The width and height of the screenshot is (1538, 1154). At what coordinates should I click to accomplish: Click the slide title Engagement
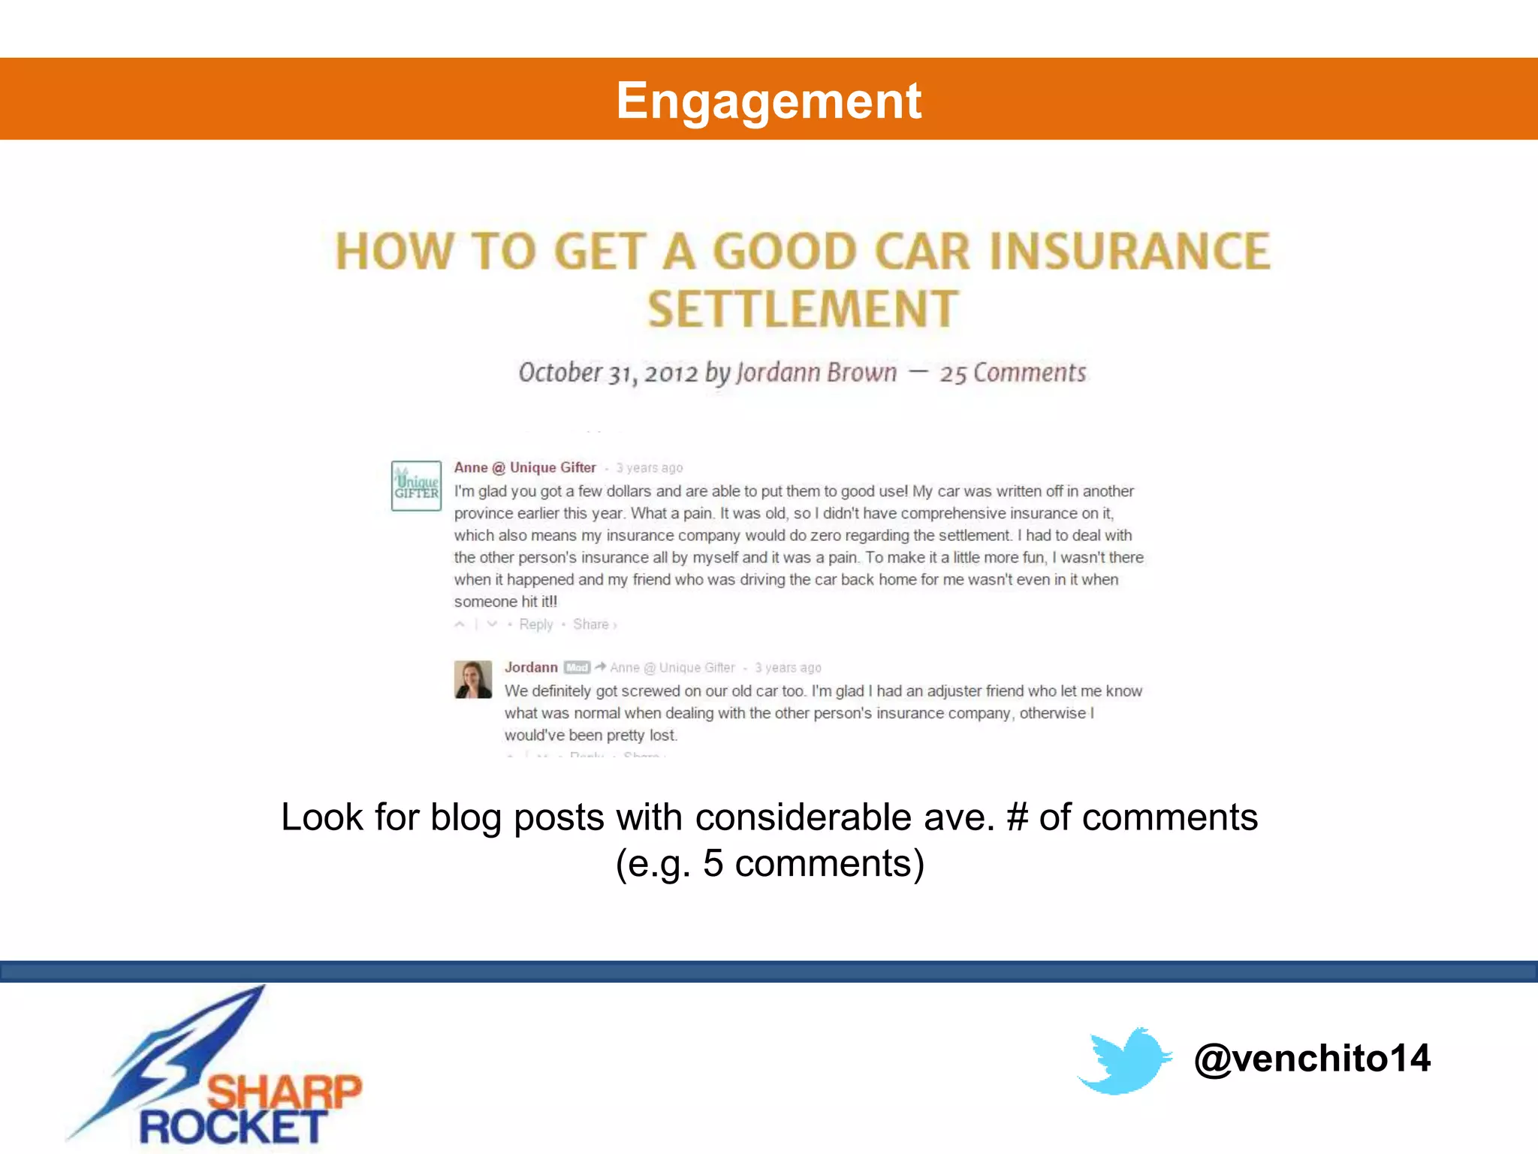(768, 101)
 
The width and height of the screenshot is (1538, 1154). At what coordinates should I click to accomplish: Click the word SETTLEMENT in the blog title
(803, 310)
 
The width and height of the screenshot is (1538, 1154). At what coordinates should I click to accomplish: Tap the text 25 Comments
(1012, 373)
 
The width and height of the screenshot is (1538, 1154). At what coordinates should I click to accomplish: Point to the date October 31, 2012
(608, 373)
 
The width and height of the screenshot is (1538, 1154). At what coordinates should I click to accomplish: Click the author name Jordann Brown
(816, 373)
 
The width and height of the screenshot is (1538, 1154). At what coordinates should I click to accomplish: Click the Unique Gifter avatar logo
(416, 486)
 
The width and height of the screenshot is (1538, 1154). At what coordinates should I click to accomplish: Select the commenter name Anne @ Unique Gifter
(524, 467)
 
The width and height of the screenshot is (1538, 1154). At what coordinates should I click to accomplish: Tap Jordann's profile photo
(473, 679)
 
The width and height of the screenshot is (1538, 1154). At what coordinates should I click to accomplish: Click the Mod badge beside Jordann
(577, 667)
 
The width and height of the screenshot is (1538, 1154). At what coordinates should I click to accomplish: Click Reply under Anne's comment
(535, 624)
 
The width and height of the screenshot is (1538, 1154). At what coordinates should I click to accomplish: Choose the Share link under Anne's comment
(591, 624)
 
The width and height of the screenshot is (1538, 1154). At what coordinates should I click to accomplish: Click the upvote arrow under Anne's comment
(460, 624)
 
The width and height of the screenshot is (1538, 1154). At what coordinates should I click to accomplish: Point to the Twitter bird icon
(1124, 1060)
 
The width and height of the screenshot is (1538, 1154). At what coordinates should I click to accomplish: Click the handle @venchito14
(1312, 1058)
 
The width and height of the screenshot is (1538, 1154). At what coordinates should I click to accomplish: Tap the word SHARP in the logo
(284, 1092)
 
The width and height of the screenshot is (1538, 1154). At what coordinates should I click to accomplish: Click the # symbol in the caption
(1017, 817)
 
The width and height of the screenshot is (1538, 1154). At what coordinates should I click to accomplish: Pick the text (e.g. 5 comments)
(769, 863)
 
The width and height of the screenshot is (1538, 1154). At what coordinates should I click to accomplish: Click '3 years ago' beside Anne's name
(649, 468)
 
